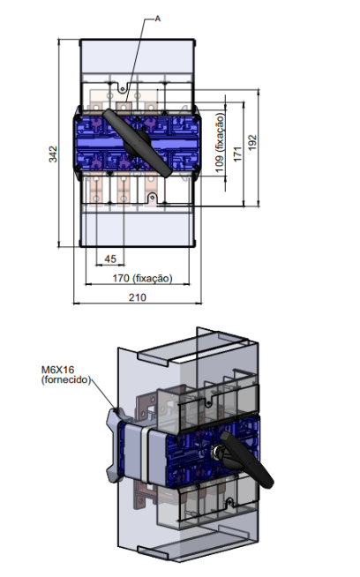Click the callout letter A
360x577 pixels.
(x=158, y=19)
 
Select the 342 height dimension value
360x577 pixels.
(x=53, y=154)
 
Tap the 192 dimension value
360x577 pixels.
(x=252, y=142)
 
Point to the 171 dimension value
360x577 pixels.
(x=237, y=154)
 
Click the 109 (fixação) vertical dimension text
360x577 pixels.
(x=220, y=142)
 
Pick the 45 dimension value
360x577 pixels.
(x=110, y=259)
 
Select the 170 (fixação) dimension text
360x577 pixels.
(x=142, y=278)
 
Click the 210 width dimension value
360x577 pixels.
(x=138, y=297)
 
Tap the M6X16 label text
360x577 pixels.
(x=57, y=370)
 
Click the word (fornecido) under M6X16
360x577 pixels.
(x=66, y=379)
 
